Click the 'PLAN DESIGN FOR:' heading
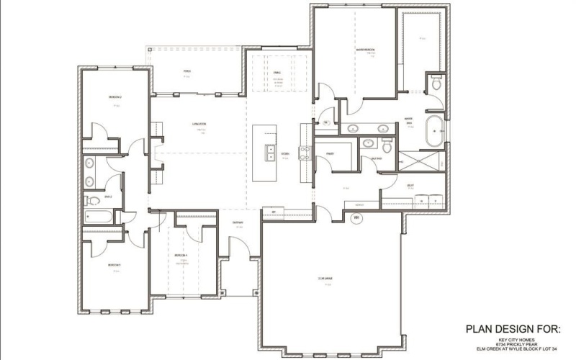point(513,329)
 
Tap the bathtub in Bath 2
point(96,215)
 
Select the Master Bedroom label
point(365,50)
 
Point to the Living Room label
point(199,124)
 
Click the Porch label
point(187,72)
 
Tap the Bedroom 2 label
point(114,96)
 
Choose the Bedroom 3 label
point(114,265)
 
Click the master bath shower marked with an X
point(421,160)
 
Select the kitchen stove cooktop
point(305,152)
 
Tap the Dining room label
point(277,73)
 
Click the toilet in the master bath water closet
point(436,84)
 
